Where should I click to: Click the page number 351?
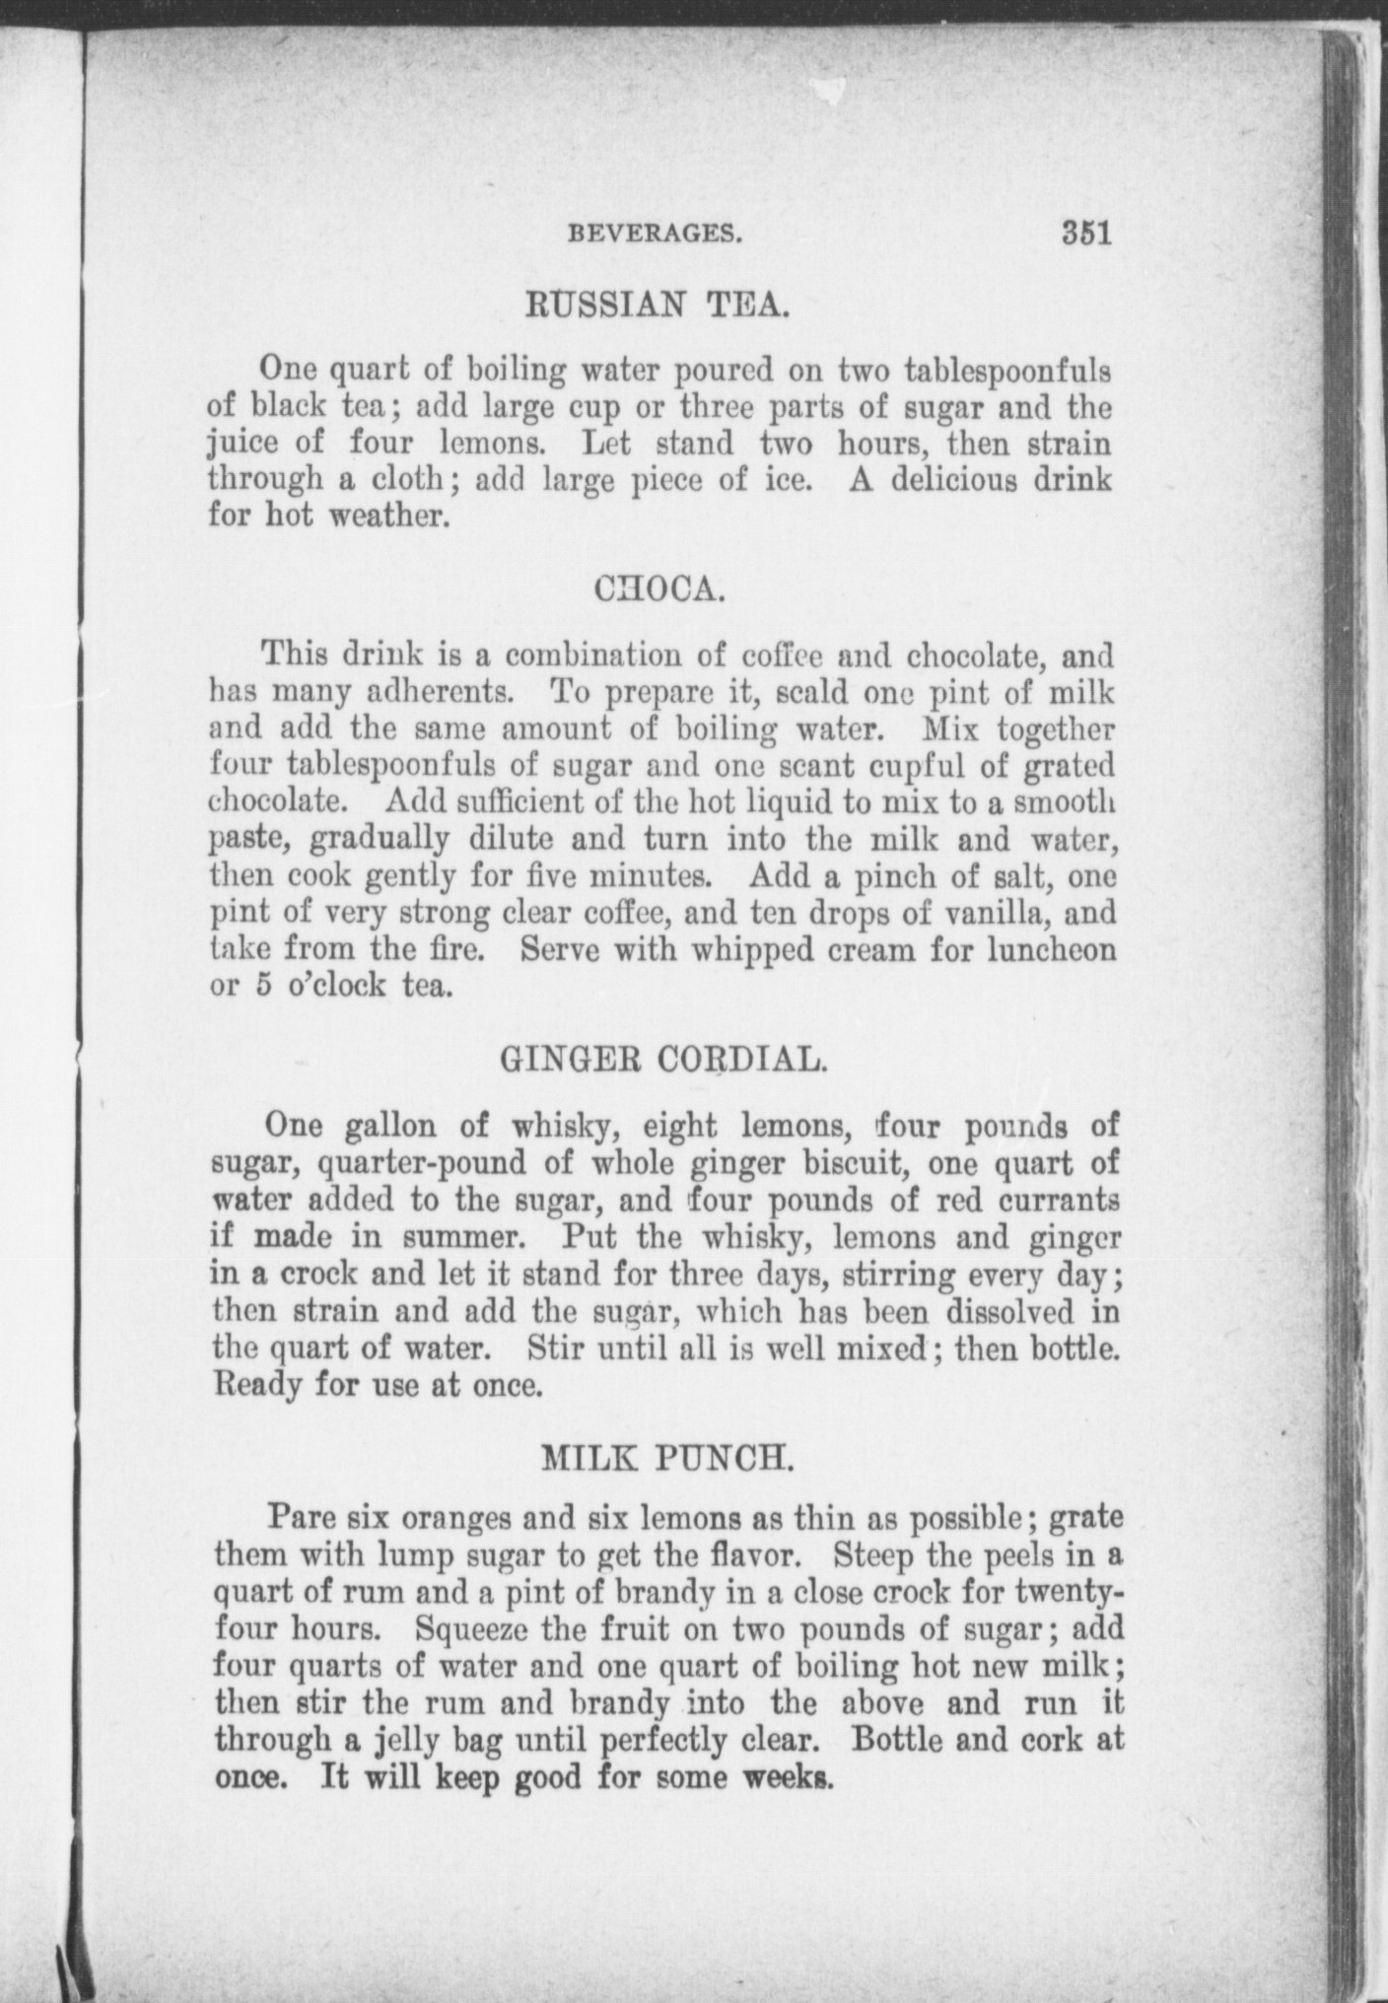pyautogui.click(x=1085, y=235)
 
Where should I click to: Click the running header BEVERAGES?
pyautogui.click(x=654, y=236)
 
